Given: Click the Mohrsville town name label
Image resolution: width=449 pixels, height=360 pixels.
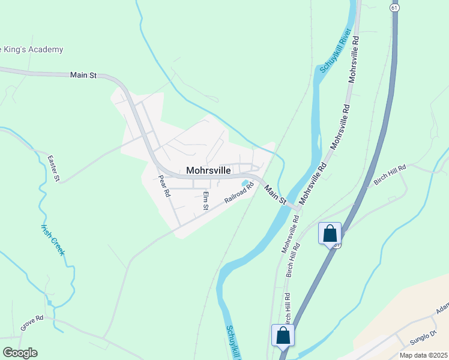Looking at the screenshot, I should tap(208, 170).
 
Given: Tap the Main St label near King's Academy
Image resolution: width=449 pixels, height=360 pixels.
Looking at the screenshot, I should tap(83, 75).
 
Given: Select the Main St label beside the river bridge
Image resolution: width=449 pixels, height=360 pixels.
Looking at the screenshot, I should tap(275, 194).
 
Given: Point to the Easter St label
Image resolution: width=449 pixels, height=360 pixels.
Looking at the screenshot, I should tap(54, 168).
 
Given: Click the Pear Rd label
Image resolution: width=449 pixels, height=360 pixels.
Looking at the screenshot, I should tap(164, 187).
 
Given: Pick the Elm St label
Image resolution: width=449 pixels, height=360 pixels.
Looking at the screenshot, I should tap(205, 200).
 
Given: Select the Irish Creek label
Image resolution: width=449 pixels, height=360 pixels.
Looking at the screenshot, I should tap(52, 240).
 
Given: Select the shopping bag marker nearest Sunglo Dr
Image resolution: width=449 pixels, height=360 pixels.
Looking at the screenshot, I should tap(283, 335).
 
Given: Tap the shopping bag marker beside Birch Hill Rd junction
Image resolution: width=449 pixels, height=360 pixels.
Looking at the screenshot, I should tap(330, 233).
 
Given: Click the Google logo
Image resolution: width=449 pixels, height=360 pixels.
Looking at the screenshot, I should tap(20, 353).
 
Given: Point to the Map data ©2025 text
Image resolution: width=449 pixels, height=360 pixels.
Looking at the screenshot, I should tap(423, 355).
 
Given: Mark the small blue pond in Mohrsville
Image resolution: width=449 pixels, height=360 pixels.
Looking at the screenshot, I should tap(245, 183).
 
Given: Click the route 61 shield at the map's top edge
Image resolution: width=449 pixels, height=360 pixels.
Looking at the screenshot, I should tap(394, 8).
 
